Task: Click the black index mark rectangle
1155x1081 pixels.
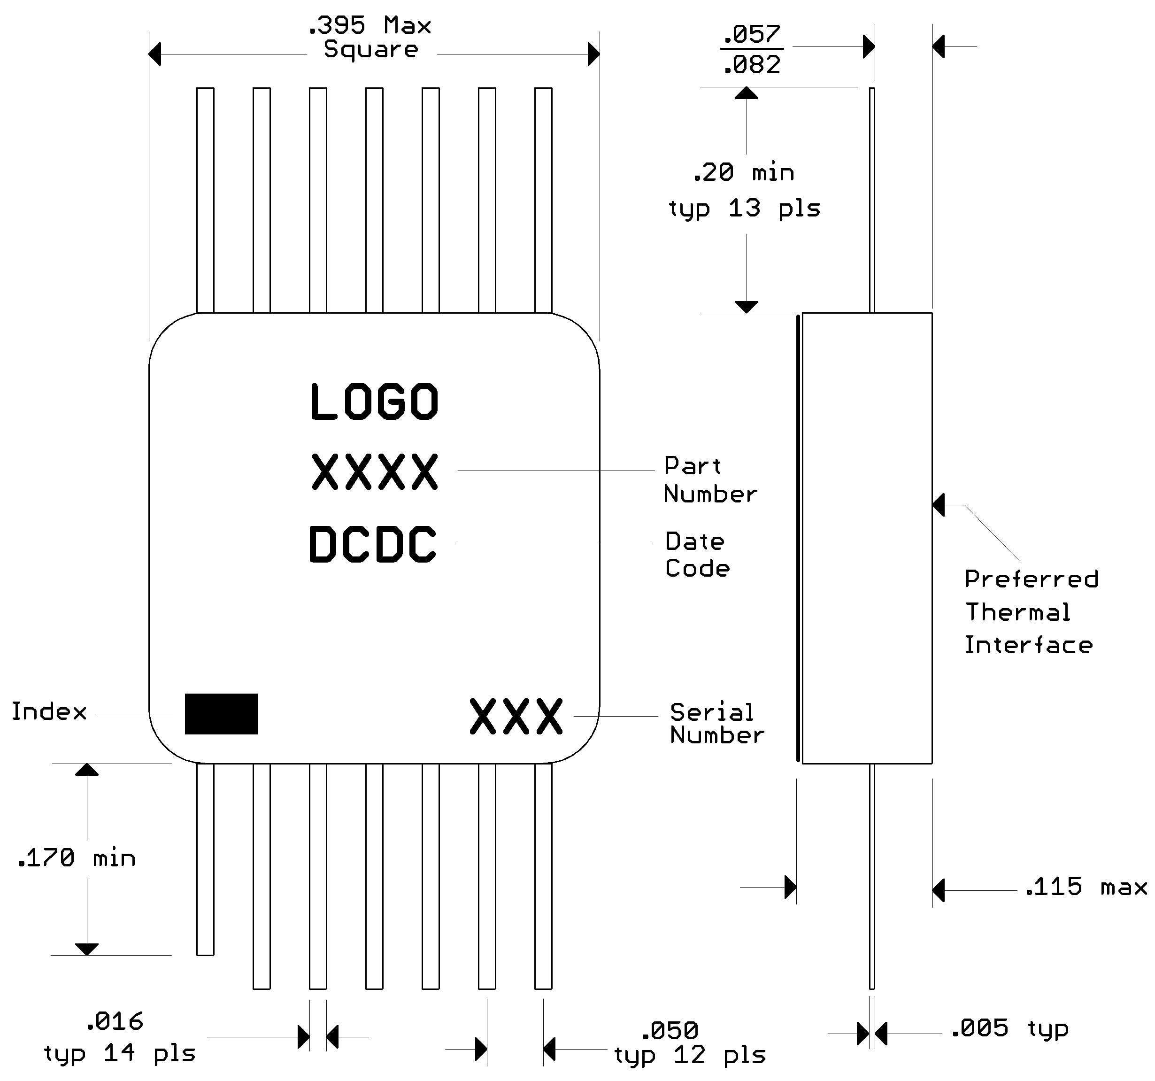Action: tap(221, 713)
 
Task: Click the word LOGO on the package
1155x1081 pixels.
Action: tap(374, 402)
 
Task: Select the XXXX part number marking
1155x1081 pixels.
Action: tap(374, 472)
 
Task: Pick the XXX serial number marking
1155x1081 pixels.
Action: tap(516, 716)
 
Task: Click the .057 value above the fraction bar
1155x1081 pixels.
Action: tap(752, 34)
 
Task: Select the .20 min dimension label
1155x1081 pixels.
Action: tap(743, 173)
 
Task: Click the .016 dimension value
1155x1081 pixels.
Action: tap(115, 1021)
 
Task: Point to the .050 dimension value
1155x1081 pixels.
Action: tap(670, 1030)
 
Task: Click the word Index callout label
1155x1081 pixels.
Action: tap(49, 711)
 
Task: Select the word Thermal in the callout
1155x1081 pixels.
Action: tap(1017, 612)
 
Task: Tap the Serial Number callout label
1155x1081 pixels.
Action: tap(716, 724)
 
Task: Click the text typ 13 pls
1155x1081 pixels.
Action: tap(744, 208)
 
